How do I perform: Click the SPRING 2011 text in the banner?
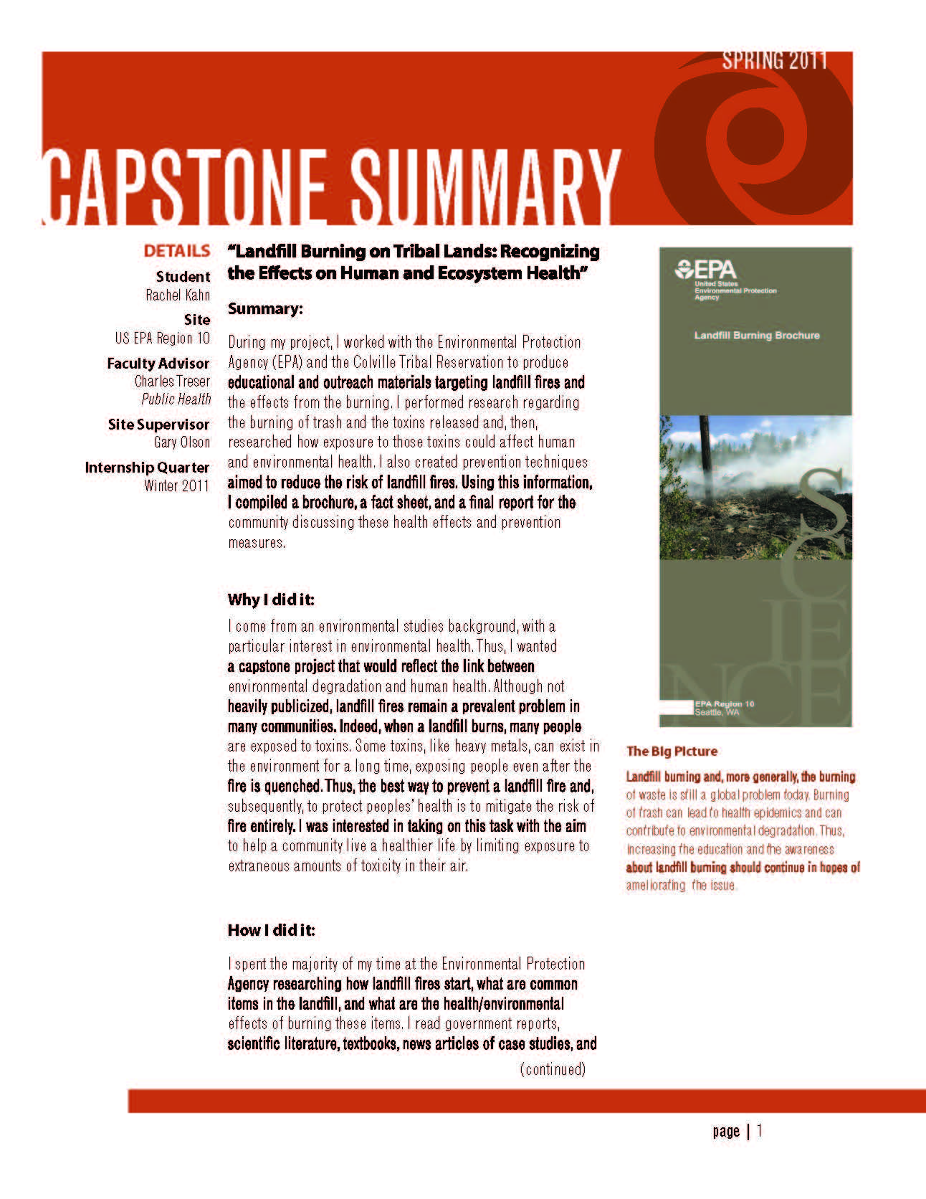pyautogui.click(x=774, y=60)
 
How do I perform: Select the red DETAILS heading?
pyautogui.click(x=177, y=251)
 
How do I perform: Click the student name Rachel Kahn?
pyautogui.click(x=178, y=295)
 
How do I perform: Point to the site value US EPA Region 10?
pyautogui.click(x=163, y=338)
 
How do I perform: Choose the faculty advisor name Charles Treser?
pyautogui.click(x=172, y=381)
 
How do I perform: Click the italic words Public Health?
pyautogui.click(x=176, y=399)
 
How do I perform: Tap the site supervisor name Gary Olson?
pyautogui.click(x=182, y=442)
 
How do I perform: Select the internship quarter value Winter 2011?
pyautogui.click(x=176, y=485)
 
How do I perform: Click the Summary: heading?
pyautogui.click(x=265, y=308)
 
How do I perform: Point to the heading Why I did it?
pyautogui.click(x=271, y=599)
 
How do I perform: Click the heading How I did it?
pyautogui.click(x=271, y=930)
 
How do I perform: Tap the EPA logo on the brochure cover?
pyautogui.click(x=706, y=270)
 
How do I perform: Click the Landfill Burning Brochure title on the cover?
pyautogui.click(x=757, y=335)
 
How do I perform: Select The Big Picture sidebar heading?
pyautogui.click(x=672, y=751)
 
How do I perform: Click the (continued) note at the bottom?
pyautogui.click(x=553, y=1069)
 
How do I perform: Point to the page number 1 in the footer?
pyautogui.click(x=760, y=1131)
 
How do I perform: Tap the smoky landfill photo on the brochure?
pyautogui.click(x=755, y=487)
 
